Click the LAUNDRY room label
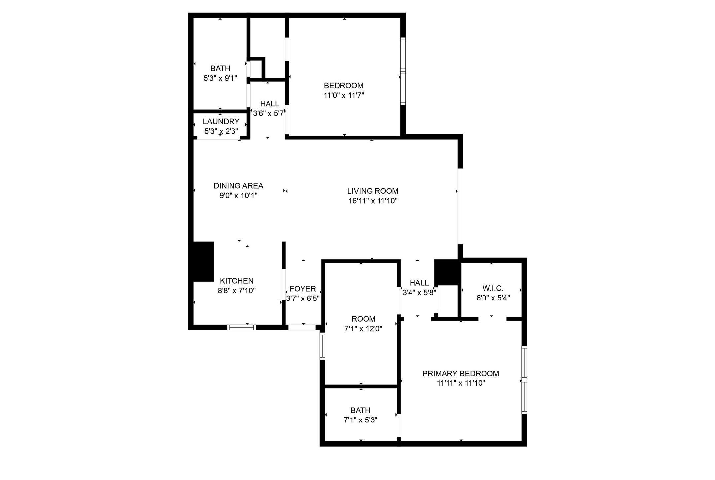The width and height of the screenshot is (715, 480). pyautogui.click(x=221, y=121)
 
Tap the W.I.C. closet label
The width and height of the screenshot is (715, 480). pyautogui.click(x=493, y=288)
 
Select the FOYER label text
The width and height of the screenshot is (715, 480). pyautogui.click(x=303, y=289)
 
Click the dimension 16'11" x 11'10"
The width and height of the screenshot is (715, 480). pyautogui.click(x=373, y=201)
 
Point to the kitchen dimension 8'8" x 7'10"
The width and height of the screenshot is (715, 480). pyautogui.click(x=236, y=291)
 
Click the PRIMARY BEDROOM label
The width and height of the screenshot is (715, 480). pyautogui.click(x=460, y=374)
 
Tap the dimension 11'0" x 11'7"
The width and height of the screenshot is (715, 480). pyautogui.click(x=343, y=96)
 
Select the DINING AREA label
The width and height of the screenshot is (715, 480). pyautogui.click(x=238, y=186)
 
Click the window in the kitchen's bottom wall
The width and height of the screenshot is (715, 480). pyautogui.click(x=241, y=327)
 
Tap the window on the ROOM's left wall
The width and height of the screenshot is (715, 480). pyautogui.click(x=322, y=346)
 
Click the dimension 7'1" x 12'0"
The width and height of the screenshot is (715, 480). pyautogui.click(x=363, y=329)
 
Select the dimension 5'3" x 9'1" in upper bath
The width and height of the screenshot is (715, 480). pyautogui.click(x=220, y=79)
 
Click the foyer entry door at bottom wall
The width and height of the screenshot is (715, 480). pyautogui.click(x=302, y=327)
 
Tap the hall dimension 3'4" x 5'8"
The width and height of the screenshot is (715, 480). pyautogui.click(x=419, y=292)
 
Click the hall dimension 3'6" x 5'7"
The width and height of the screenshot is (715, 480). pyautogui.click(x=269, y=113)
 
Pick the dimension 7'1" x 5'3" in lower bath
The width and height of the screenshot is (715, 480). pyautogui.click(x=360, y=420)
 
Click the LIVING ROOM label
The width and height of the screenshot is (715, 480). pyautogui.click(x=373, y=191)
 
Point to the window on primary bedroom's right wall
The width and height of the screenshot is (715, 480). pyautogui.click(x=524, y=380)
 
